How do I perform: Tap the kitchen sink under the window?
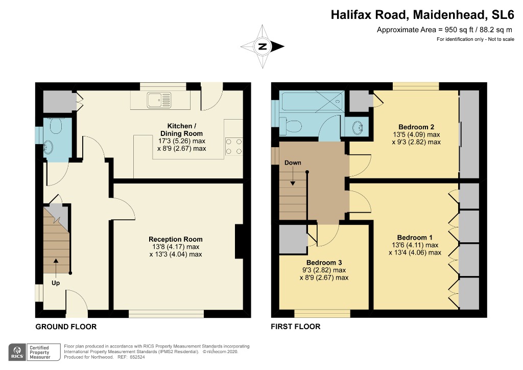159,100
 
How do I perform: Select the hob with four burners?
234,147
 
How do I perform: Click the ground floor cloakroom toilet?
56,126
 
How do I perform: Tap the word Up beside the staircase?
56,283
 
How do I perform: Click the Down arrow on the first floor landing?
293,176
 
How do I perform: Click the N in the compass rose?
263,47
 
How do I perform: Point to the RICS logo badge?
17,352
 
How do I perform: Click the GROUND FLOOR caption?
66,327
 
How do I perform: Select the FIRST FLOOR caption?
296,327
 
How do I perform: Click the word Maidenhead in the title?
449,15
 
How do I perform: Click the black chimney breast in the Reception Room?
240,241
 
